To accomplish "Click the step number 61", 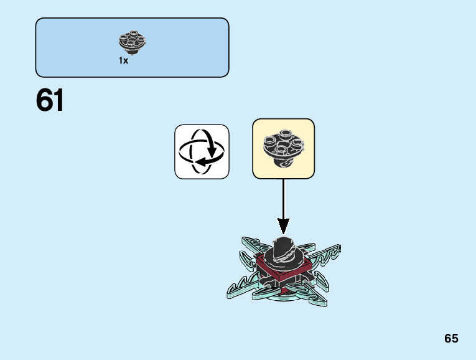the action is [x=50, y=101].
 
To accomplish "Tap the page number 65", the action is [x=451, y=338].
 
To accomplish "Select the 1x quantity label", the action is [x=123, y=61].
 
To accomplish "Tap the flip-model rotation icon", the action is [x=202, y=151].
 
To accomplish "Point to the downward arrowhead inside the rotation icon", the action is [x=212, y=151].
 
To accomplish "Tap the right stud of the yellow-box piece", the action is [x=297, y=143].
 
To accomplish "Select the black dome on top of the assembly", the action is [x=283, y=247].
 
